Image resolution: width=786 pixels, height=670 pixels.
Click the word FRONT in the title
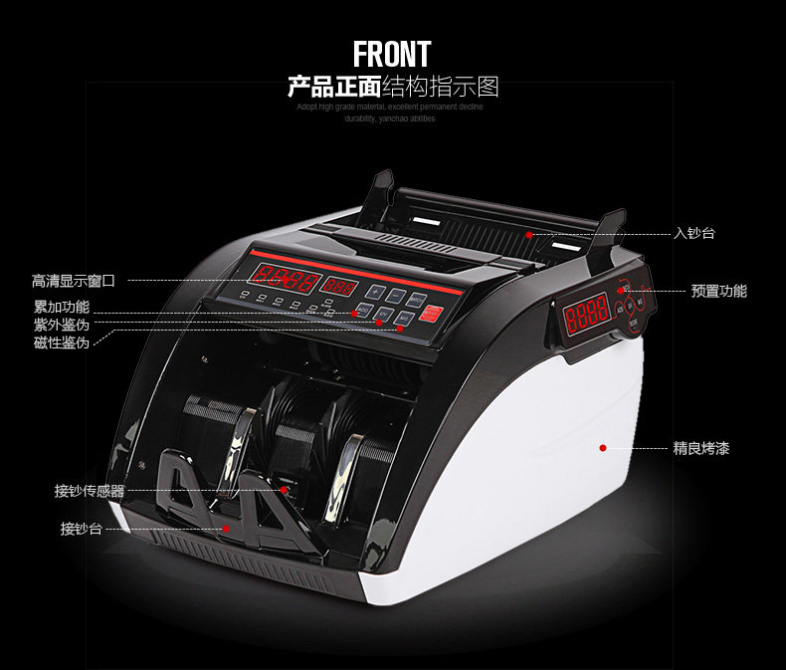coord(392,53)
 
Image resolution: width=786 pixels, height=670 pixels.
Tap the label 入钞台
coord(693,233)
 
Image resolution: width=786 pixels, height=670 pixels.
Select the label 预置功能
coord(718,291)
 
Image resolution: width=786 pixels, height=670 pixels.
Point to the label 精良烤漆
coord(700,449)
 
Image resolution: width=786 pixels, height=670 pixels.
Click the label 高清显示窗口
coord(74,282)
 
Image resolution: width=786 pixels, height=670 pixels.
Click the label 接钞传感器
coord(90,491)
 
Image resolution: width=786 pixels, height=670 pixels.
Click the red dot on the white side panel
coord(603,448)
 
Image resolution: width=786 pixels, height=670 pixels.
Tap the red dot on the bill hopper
coord(530,234)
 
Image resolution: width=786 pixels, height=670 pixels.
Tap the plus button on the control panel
coord(375,292)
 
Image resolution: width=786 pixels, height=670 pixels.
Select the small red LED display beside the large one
coord(339,287)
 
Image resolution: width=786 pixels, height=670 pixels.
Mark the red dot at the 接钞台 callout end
coord(226,529)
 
